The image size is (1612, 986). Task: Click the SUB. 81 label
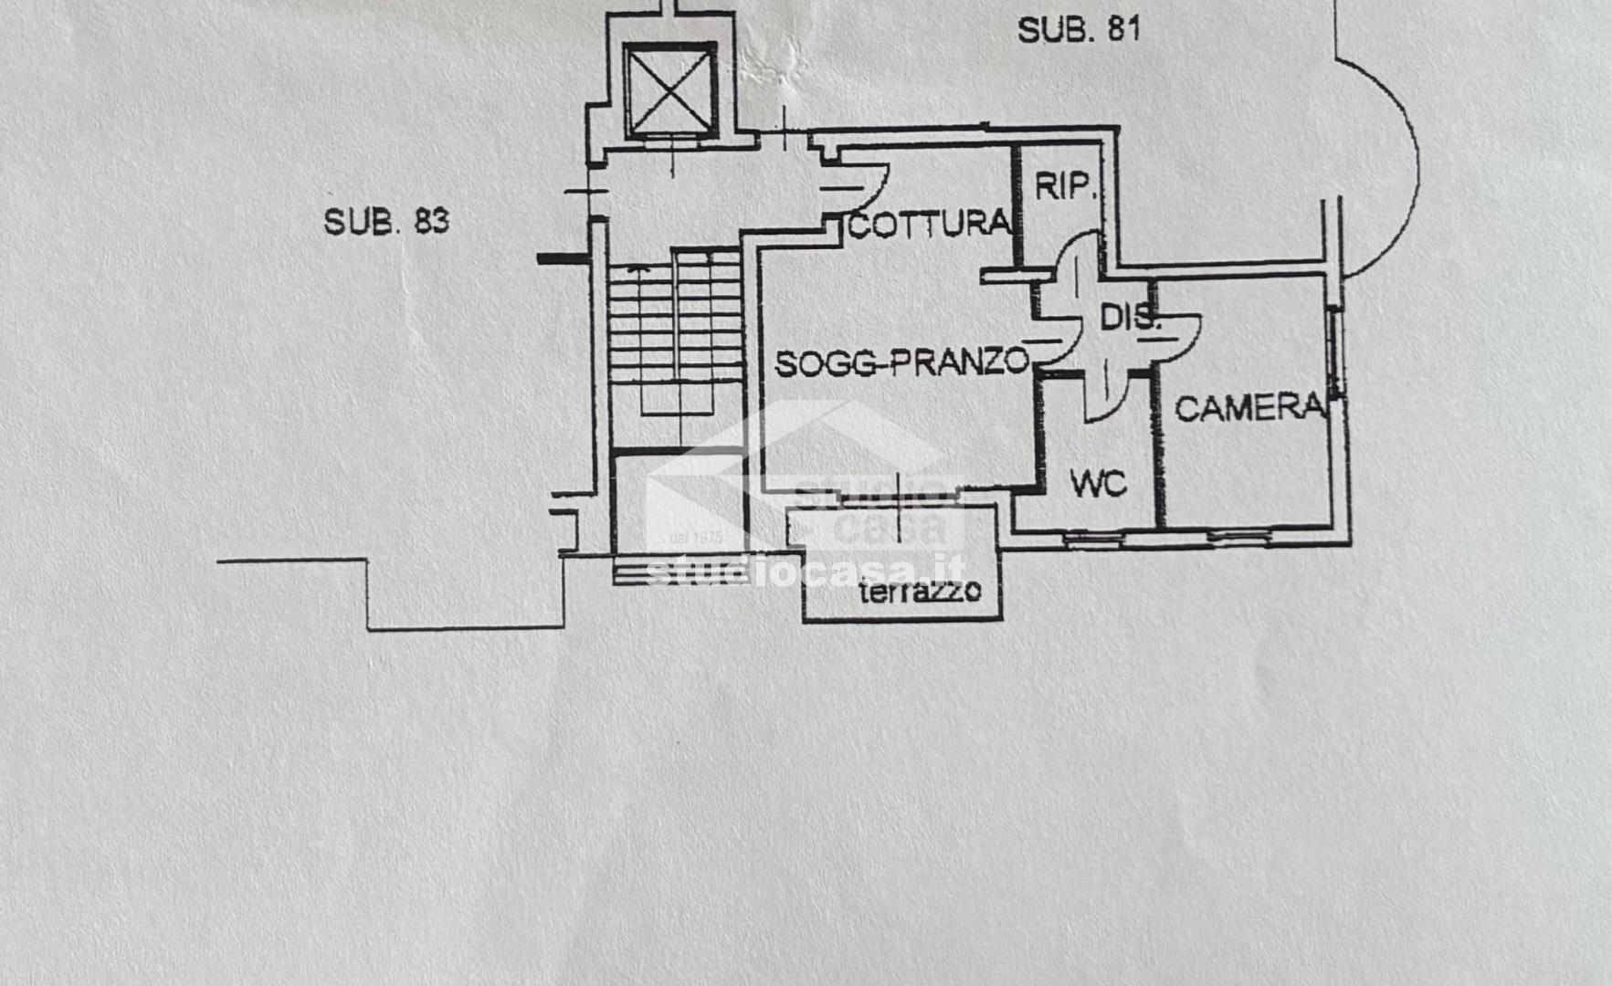1079,29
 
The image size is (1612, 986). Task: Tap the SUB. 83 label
386,221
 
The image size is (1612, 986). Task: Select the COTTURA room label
930,224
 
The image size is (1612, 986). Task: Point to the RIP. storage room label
1064,186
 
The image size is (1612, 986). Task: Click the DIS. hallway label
1130,318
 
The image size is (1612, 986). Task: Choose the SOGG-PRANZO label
902,362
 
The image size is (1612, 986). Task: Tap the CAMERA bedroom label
1249,407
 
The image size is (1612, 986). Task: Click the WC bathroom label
1098,484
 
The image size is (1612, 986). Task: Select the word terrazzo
920,592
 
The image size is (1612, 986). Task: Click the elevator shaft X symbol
670,91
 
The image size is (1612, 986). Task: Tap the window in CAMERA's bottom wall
1239,535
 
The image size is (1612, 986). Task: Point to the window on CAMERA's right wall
1335,351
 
